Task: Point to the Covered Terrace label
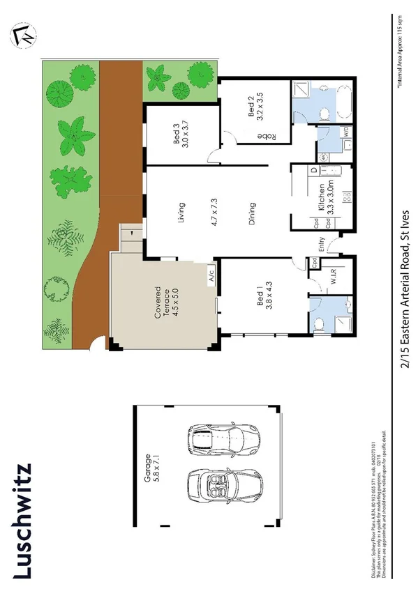click(x=162, y=302)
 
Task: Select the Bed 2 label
click(x=253, y=107)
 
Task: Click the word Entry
click(x=322, y=245)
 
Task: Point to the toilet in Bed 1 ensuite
click(x=319, y=322)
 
